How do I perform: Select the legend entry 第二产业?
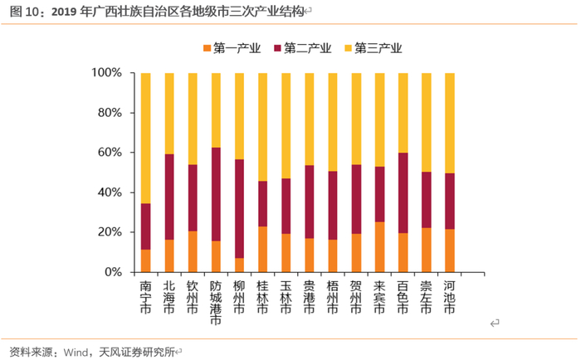click(x=308, y=48)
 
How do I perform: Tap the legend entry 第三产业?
click(x=378, y=48)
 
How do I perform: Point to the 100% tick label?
click(x=106, y=73)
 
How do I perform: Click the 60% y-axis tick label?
click(x=110, y=153)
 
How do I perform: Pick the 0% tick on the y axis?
click(x=113, y=272)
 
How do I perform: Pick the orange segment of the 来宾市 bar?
click(x=379, y=246)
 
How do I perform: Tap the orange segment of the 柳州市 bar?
click(x=240, y=265)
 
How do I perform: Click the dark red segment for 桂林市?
click(x=263, y=203)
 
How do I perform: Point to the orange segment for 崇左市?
click(x=426, y=250)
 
